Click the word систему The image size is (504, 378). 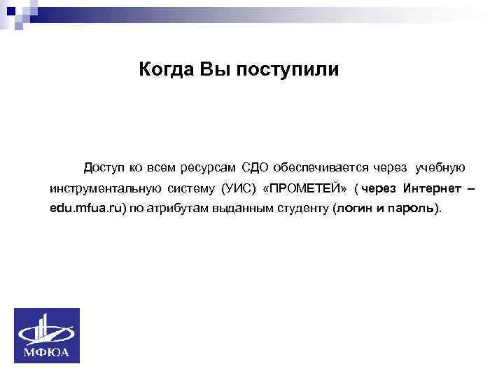(x=192, y=189)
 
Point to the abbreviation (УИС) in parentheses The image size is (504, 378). (x=238, y=189)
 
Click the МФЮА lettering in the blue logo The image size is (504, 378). (x=48, y=352)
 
